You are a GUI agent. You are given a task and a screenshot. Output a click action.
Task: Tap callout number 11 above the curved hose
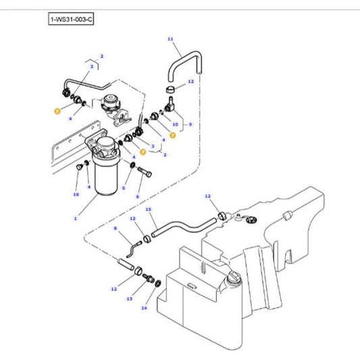click(x=170, y=40)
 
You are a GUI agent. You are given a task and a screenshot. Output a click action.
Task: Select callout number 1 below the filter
click(x=76, y=218)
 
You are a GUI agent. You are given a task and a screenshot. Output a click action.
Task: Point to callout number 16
click(x=76, y=194)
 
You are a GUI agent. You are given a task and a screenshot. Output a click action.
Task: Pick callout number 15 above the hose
click(x=149, y=209)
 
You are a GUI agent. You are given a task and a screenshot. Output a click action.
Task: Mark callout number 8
click(x=115, y=229)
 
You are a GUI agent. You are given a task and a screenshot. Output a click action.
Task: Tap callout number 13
click(x=130, y=298)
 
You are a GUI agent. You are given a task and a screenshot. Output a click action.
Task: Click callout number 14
click(x=143, y=307)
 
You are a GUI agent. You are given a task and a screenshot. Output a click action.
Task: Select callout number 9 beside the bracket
click(x=190, y=124)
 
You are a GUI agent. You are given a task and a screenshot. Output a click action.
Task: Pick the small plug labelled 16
click(x=80, y=165)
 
